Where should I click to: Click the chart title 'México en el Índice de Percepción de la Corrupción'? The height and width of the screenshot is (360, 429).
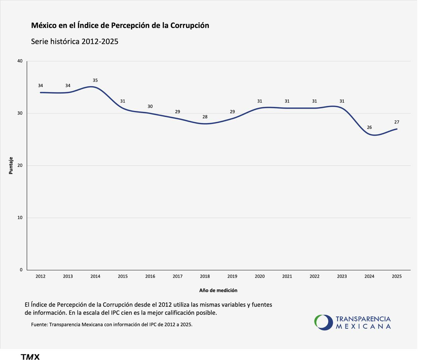click(120, 25)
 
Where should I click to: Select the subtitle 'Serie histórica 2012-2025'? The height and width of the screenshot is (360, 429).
click(74, 41)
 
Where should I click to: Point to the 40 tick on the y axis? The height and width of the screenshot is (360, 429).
click(20, 61)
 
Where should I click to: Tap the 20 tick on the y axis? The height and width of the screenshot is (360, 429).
click(20, 165)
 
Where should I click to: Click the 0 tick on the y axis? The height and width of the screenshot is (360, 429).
click(21, 270)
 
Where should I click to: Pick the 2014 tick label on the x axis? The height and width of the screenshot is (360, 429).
click(95, 277)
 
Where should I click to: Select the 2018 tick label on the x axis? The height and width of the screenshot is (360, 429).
click(205, 277)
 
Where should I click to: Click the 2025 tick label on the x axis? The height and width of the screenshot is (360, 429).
click(396, 277)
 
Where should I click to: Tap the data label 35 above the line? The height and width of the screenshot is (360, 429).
click(95, 80)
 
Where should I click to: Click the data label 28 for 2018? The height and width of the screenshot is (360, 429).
click(205, 117)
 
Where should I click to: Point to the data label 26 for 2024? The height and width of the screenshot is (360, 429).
click(369, 127)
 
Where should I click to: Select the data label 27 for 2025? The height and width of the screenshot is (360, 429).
click(396, 122)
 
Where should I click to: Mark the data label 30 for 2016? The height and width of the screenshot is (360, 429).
click(150, 107)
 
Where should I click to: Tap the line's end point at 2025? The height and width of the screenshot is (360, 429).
click(397, 129)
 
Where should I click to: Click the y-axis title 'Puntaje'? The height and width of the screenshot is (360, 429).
click(11, 166)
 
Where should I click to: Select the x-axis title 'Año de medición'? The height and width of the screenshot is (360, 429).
click(218, 291)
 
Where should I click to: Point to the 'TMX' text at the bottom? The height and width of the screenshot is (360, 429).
click(30, 357)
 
